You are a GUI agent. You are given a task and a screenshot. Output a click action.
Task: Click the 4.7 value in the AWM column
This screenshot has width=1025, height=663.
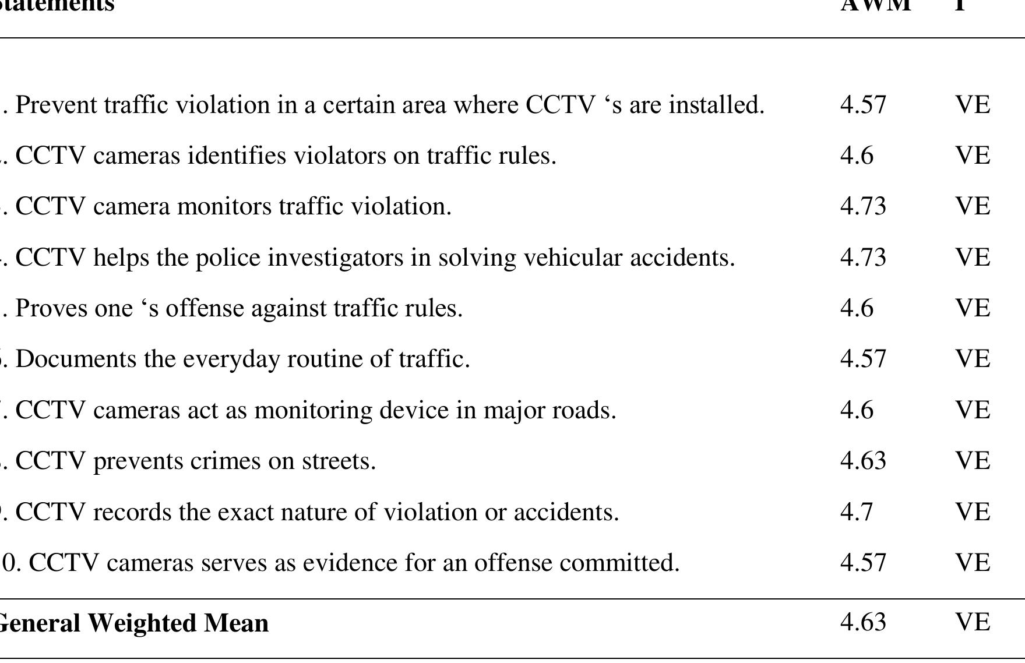tap(857, 512)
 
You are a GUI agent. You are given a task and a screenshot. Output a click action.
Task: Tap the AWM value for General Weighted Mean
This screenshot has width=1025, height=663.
tap(863, 622)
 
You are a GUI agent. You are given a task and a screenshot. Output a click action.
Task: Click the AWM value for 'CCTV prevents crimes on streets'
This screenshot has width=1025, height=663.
tap(863, 461)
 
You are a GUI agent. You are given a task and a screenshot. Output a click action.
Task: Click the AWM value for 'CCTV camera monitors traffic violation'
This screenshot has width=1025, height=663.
tap(863, 206)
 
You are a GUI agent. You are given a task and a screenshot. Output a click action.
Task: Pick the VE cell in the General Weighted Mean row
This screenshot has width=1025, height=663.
tap(973, 622)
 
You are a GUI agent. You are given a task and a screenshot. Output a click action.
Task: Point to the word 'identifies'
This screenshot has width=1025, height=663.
tap(236, 156)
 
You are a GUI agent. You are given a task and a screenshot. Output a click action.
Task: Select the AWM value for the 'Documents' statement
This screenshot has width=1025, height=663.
tap(863, 359)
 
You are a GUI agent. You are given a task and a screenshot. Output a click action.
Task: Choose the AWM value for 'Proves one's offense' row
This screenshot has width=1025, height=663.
tap(857, 308)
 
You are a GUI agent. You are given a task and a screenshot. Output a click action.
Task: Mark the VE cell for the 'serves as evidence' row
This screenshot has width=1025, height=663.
tap(973, 563)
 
